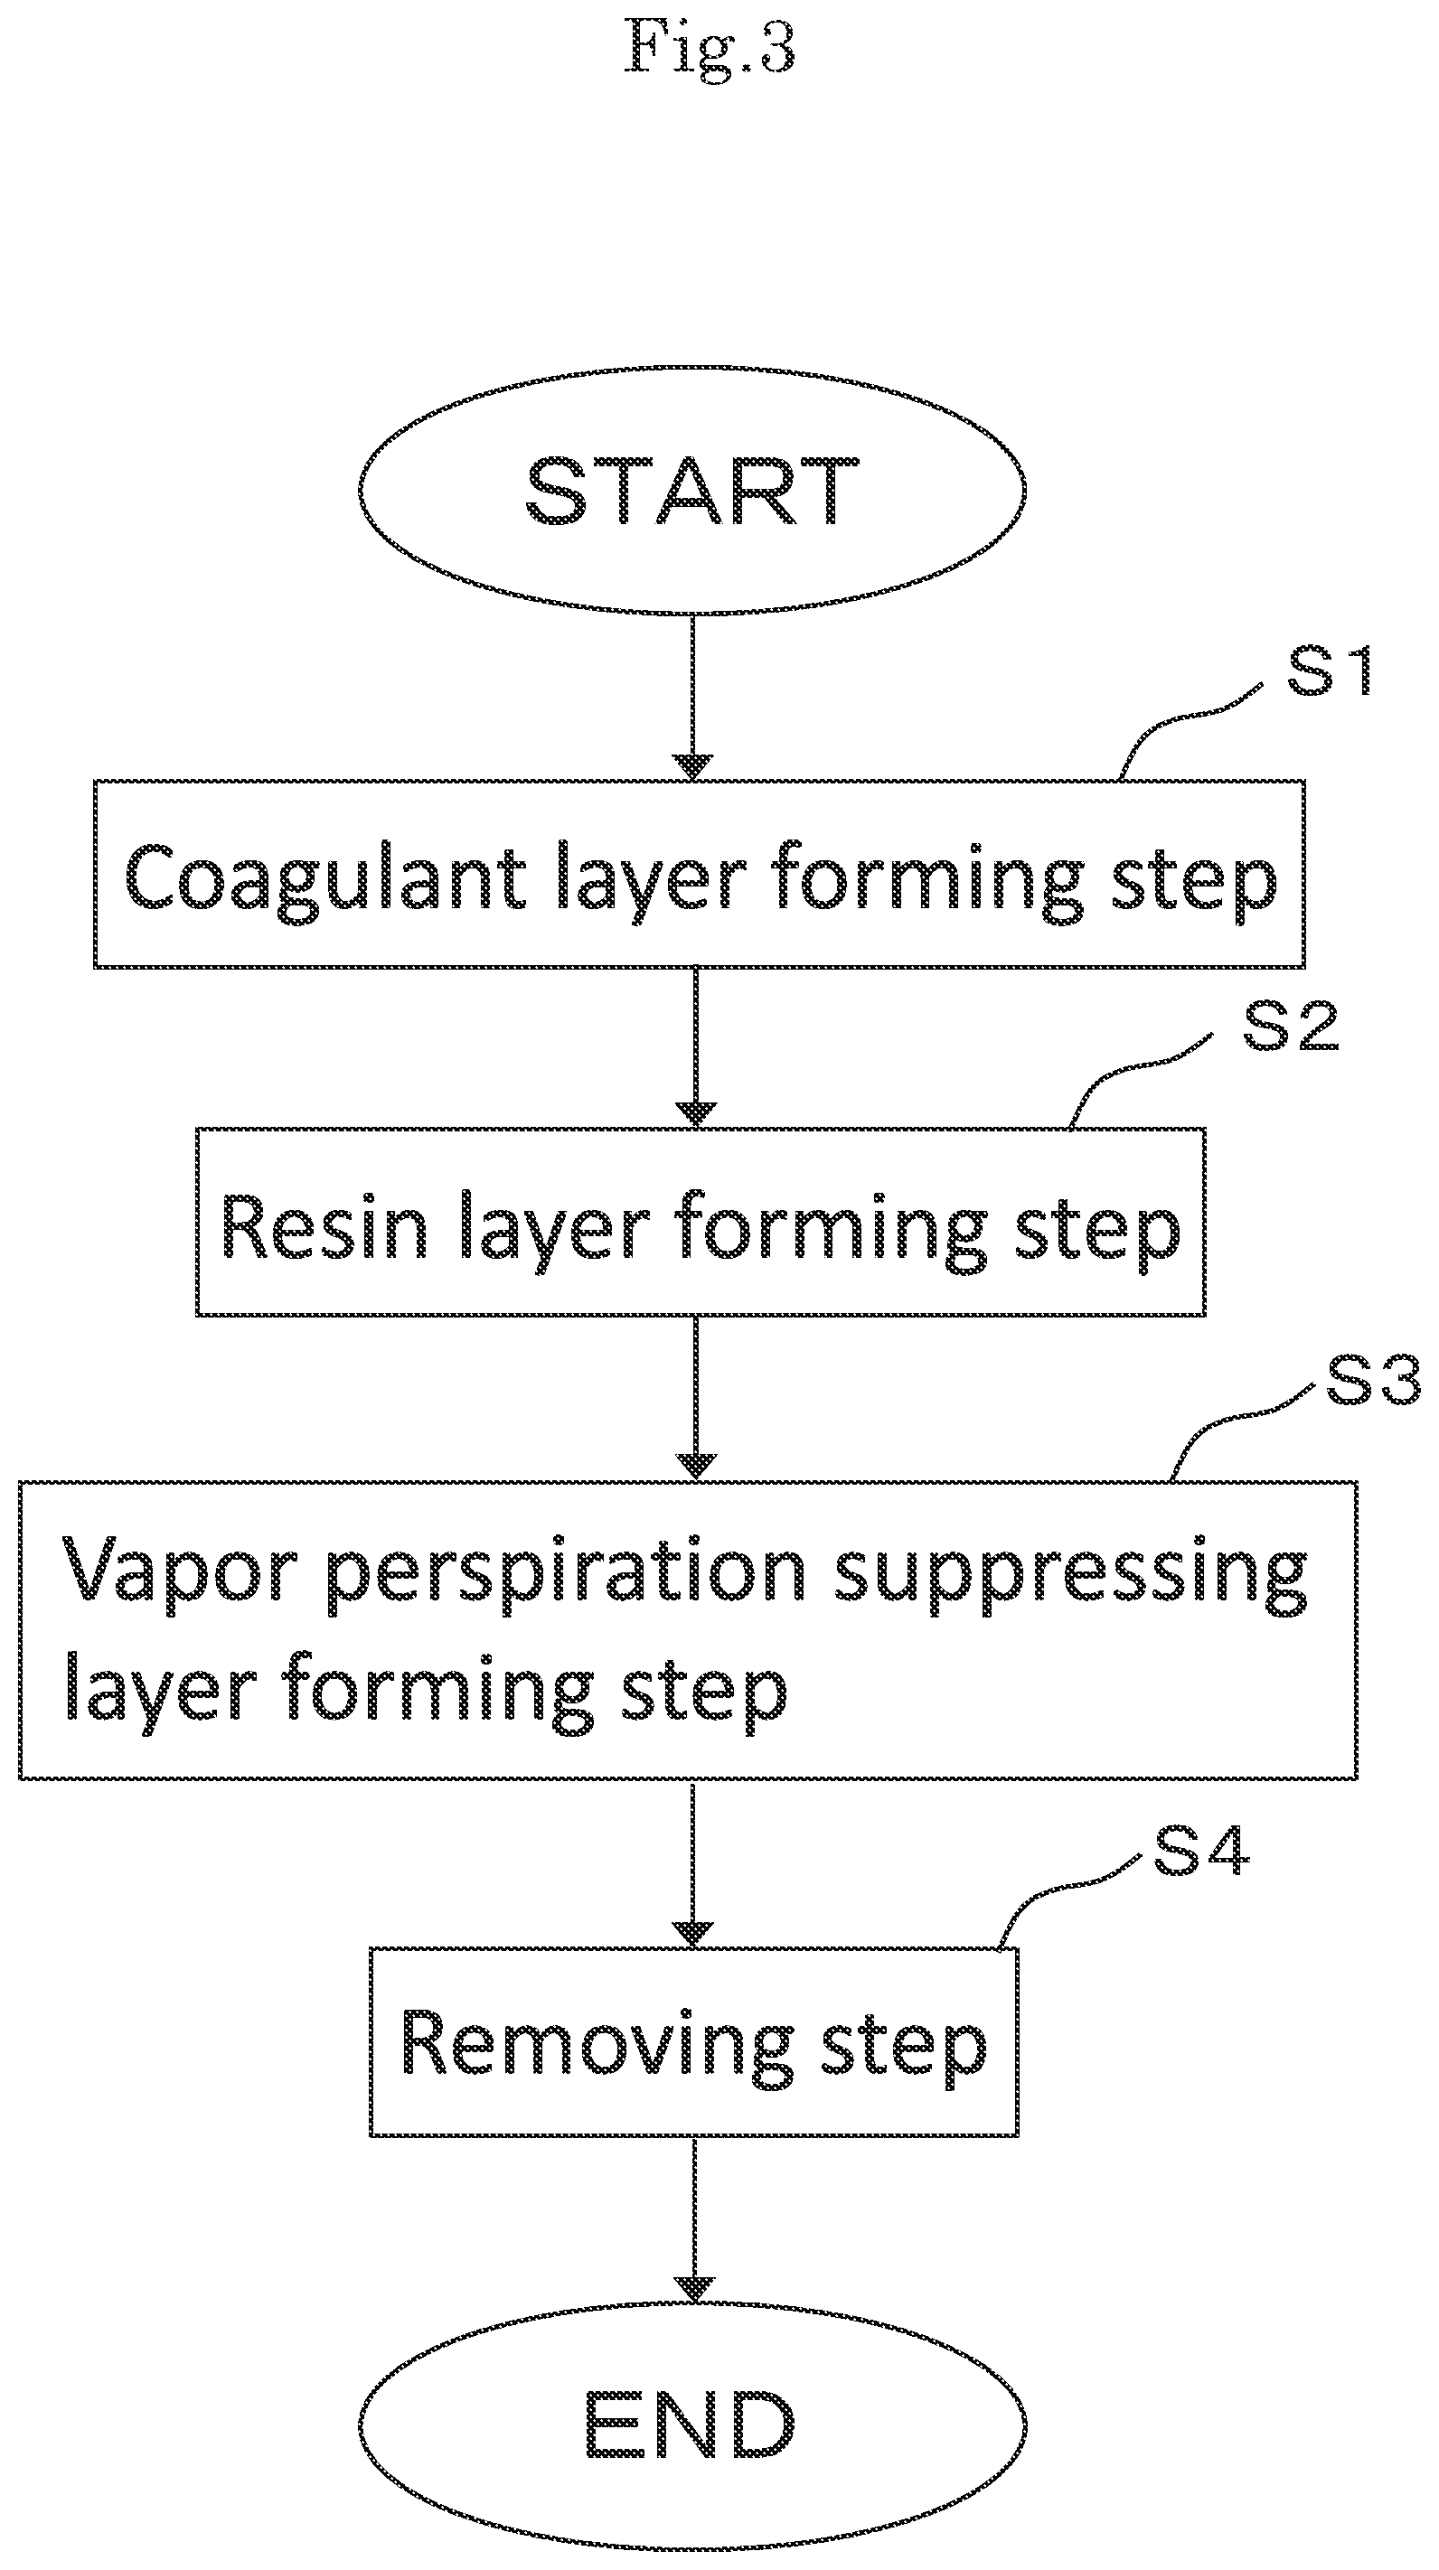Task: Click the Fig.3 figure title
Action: (x=710, y=47)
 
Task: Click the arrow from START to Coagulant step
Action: (x=692, y=698)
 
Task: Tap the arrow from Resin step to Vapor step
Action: (x=696, y=1399)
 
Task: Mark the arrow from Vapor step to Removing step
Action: (x=694, y=1863)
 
